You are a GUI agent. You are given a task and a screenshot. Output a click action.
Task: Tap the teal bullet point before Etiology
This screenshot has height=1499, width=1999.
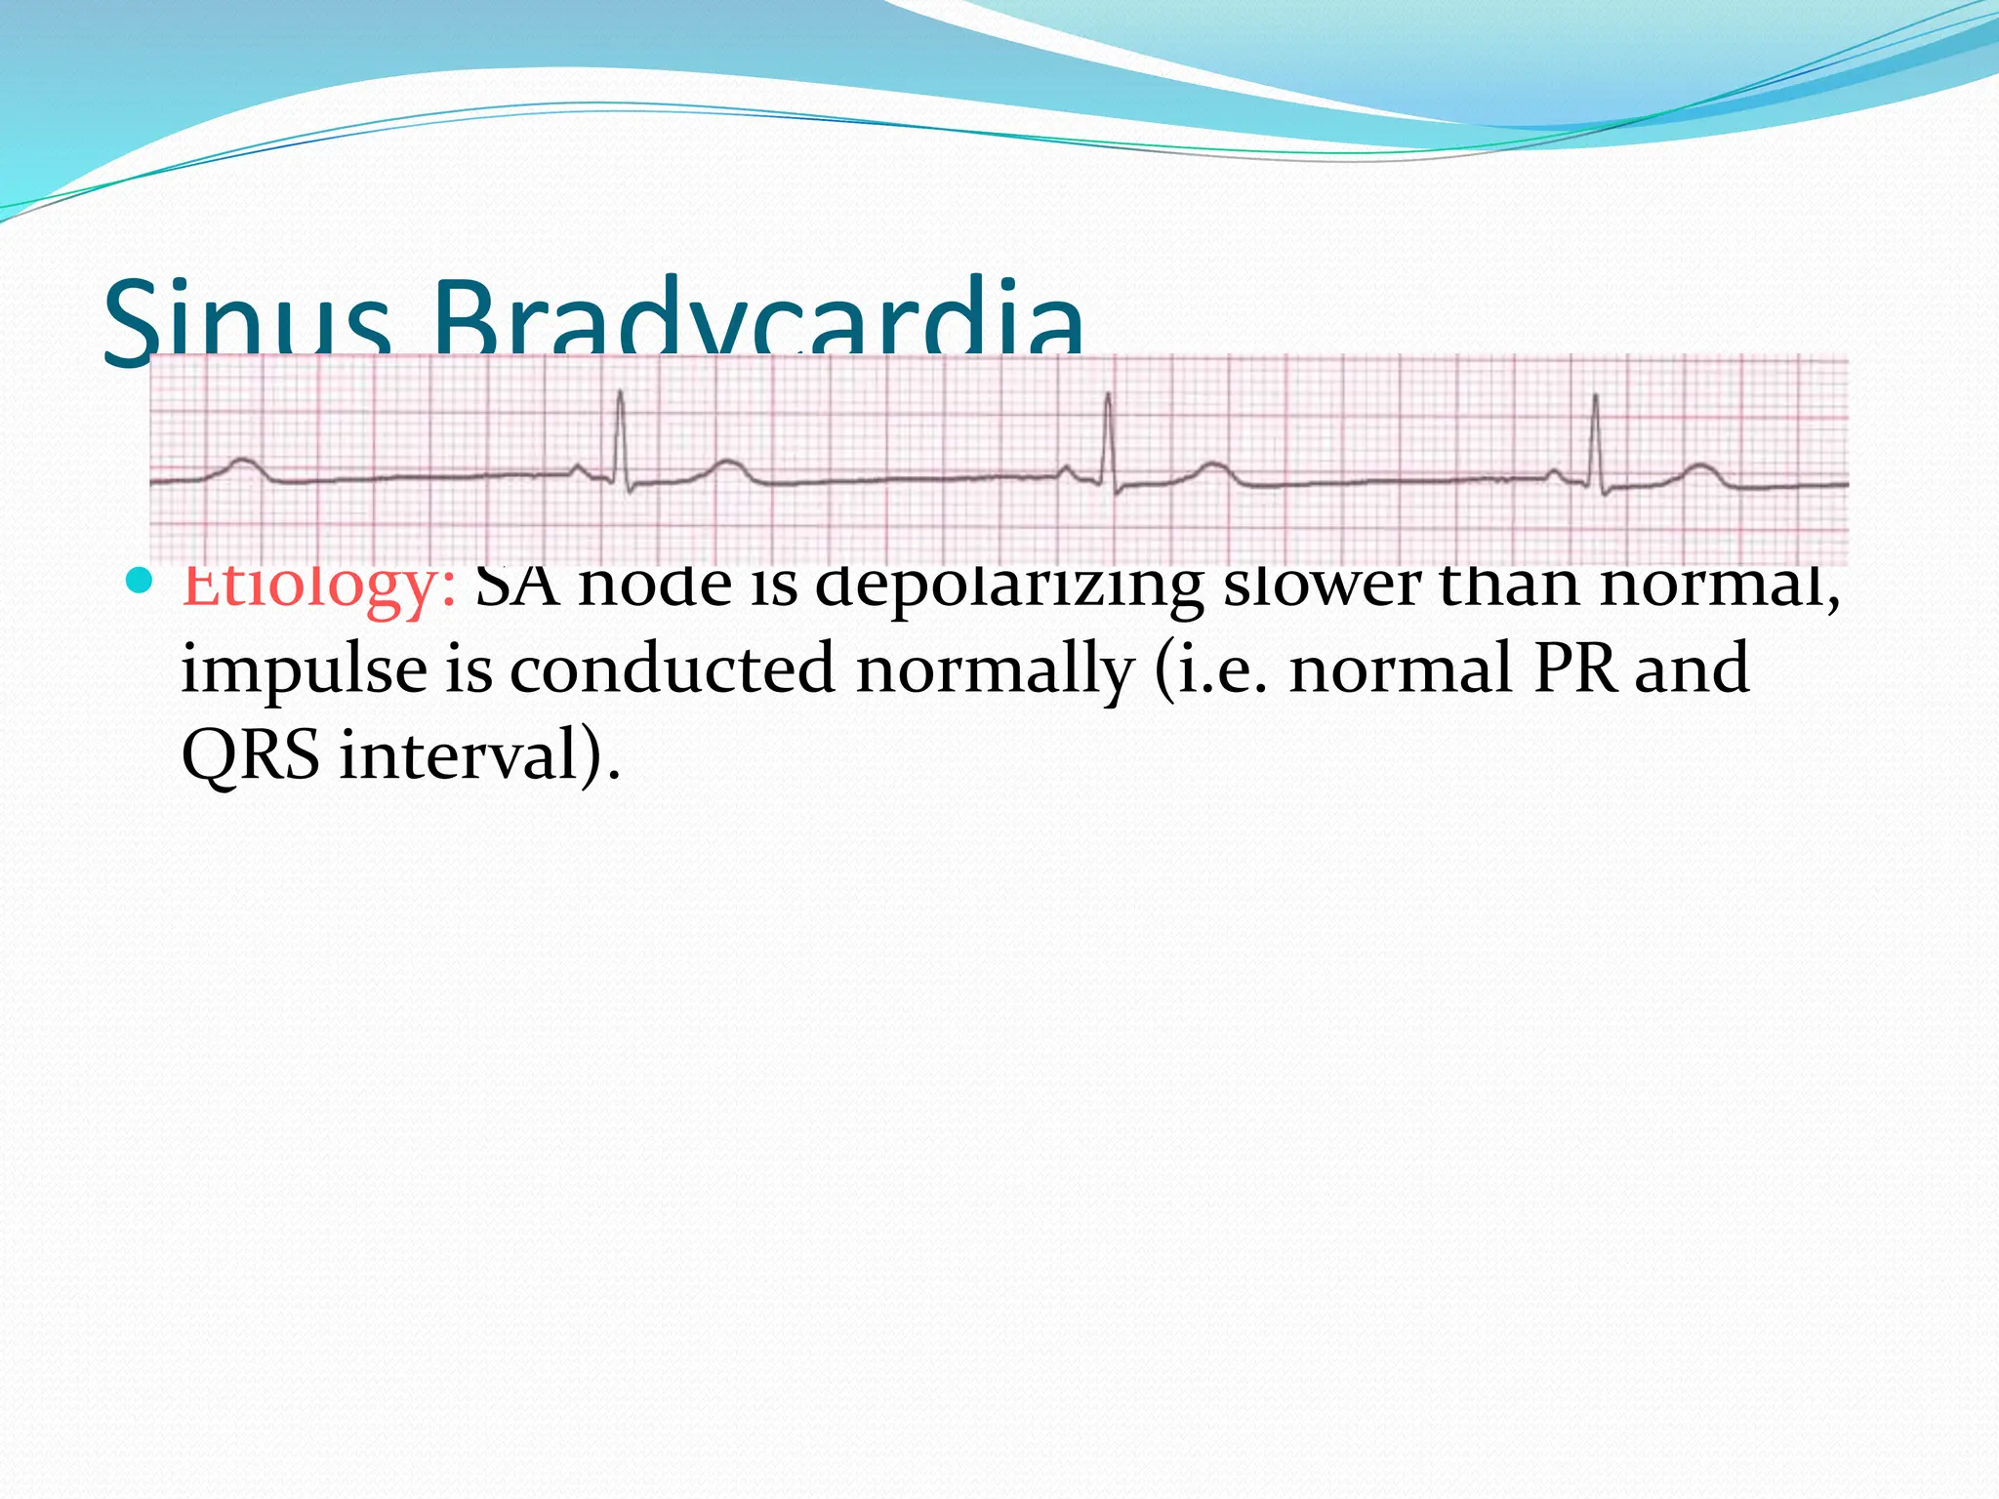[142, 583]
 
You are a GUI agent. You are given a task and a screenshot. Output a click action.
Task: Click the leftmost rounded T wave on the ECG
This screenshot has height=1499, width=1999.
[241, 466]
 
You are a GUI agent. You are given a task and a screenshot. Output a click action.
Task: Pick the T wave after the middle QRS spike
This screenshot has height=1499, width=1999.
[1213, 468]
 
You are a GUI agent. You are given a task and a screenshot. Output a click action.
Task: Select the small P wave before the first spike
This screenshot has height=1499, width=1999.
[579, 469]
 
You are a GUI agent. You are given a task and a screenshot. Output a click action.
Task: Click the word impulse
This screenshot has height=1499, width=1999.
[304, 671]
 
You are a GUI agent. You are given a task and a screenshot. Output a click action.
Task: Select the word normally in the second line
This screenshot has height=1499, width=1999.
[995, 671]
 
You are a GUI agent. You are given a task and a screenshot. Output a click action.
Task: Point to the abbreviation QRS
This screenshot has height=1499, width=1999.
[251, 756]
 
